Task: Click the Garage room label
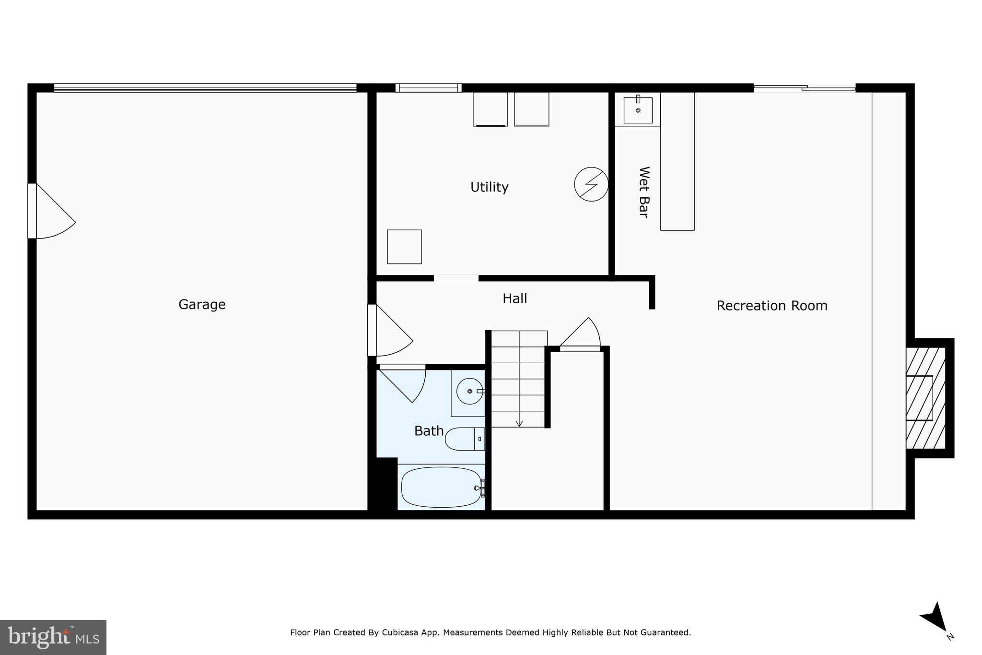coord(202,304)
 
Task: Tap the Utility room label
coord(489,187)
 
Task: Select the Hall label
coord(514,298)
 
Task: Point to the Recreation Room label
coord(772,306)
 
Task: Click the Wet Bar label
coord(644,192)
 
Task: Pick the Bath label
coord(429,431)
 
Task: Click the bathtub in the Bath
coord(441,487)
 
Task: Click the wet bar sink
coord(638,110)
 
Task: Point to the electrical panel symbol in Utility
coord(591,184)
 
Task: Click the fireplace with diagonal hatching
coord(925,398)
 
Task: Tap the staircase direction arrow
coord(519,423)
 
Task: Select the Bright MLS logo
coord(53,637)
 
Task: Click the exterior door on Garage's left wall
coord(48,211)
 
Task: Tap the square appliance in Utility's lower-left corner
coord(404,247)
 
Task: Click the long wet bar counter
coord(677,161)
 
